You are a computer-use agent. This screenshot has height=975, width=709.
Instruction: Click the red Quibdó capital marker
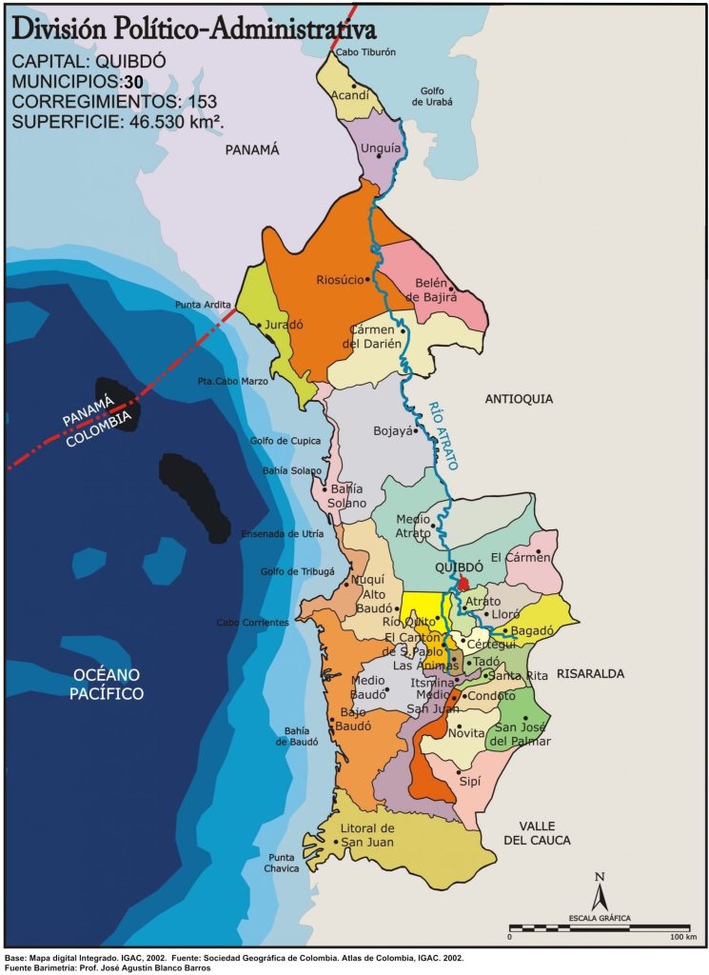click(463, 583)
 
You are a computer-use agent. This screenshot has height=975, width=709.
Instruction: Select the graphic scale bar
click(600, 926)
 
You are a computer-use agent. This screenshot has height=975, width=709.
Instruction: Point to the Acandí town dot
click(353, 85)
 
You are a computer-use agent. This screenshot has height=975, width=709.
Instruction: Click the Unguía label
click(380, 148)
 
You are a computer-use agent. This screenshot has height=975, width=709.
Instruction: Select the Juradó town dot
click(259, 325)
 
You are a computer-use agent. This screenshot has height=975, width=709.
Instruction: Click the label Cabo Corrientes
click(252, 623)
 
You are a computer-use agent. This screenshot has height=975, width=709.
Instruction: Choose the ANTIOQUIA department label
click(518, 399)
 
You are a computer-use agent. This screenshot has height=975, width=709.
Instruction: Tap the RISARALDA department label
click(590, 673)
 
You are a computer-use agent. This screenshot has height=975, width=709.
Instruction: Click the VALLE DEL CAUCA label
click(538, 832)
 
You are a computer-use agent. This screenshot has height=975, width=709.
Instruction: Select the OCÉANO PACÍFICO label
click(108, 685)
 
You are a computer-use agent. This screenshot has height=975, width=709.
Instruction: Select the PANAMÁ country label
click(251, 149)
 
